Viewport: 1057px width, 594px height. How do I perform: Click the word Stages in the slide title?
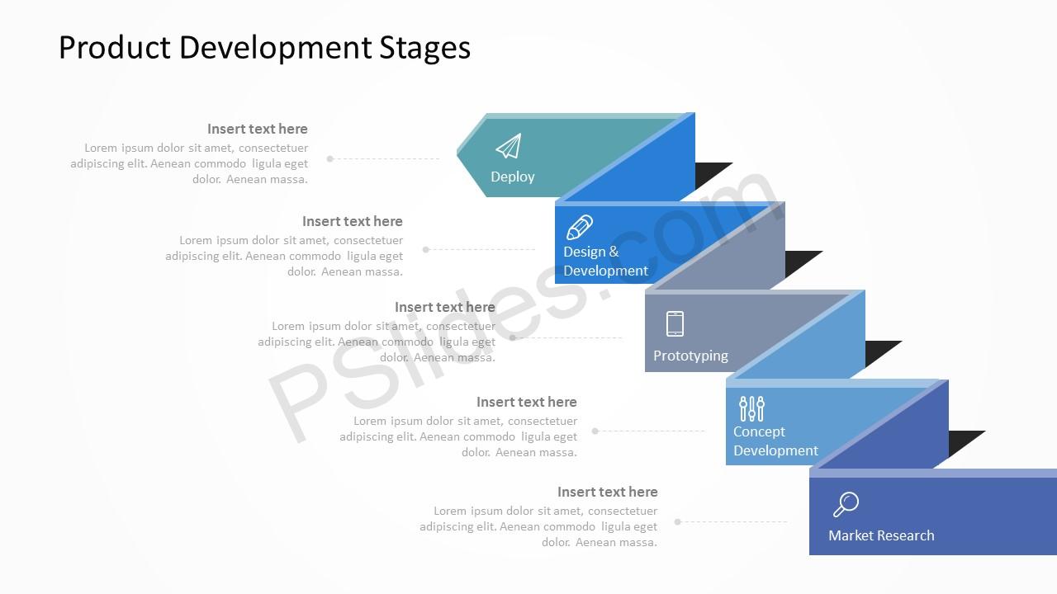424,48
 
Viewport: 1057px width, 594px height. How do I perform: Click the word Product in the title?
115,47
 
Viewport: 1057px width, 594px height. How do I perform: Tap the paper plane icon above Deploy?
509,146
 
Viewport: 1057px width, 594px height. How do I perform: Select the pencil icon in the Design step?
580,227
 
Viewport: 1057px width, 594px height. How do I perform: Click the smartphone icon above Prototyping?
675,324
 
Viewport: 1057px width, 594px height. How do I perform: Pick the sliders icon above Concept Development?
751,408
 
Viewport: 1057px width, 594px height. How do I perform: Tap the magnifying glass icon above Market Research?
846,504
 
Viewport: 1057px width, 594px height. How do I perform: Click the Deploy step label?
513,177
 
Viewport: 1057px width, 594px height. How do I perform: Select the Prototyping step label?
690,356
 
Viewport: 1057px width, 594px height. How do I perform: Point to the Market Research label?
881,535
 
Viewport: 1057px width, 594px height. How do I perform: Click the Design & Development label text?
605,262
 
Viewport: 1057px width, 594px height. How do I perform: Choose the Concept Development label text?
775,441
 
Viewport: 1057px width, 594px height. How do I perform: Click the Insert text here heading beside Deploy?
257,129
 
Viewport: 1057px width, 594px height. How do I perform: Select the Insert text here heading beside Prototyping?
445,307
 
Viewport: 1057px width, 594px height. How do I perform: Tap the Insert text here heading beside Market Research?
607,492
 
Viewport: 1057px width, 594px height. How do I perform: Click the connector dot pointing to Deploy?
330,159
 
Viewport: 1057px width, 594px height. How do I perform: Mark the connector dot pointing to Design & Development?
425,249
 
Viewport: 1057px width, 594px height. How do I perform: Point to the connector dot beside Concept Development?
595,431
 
